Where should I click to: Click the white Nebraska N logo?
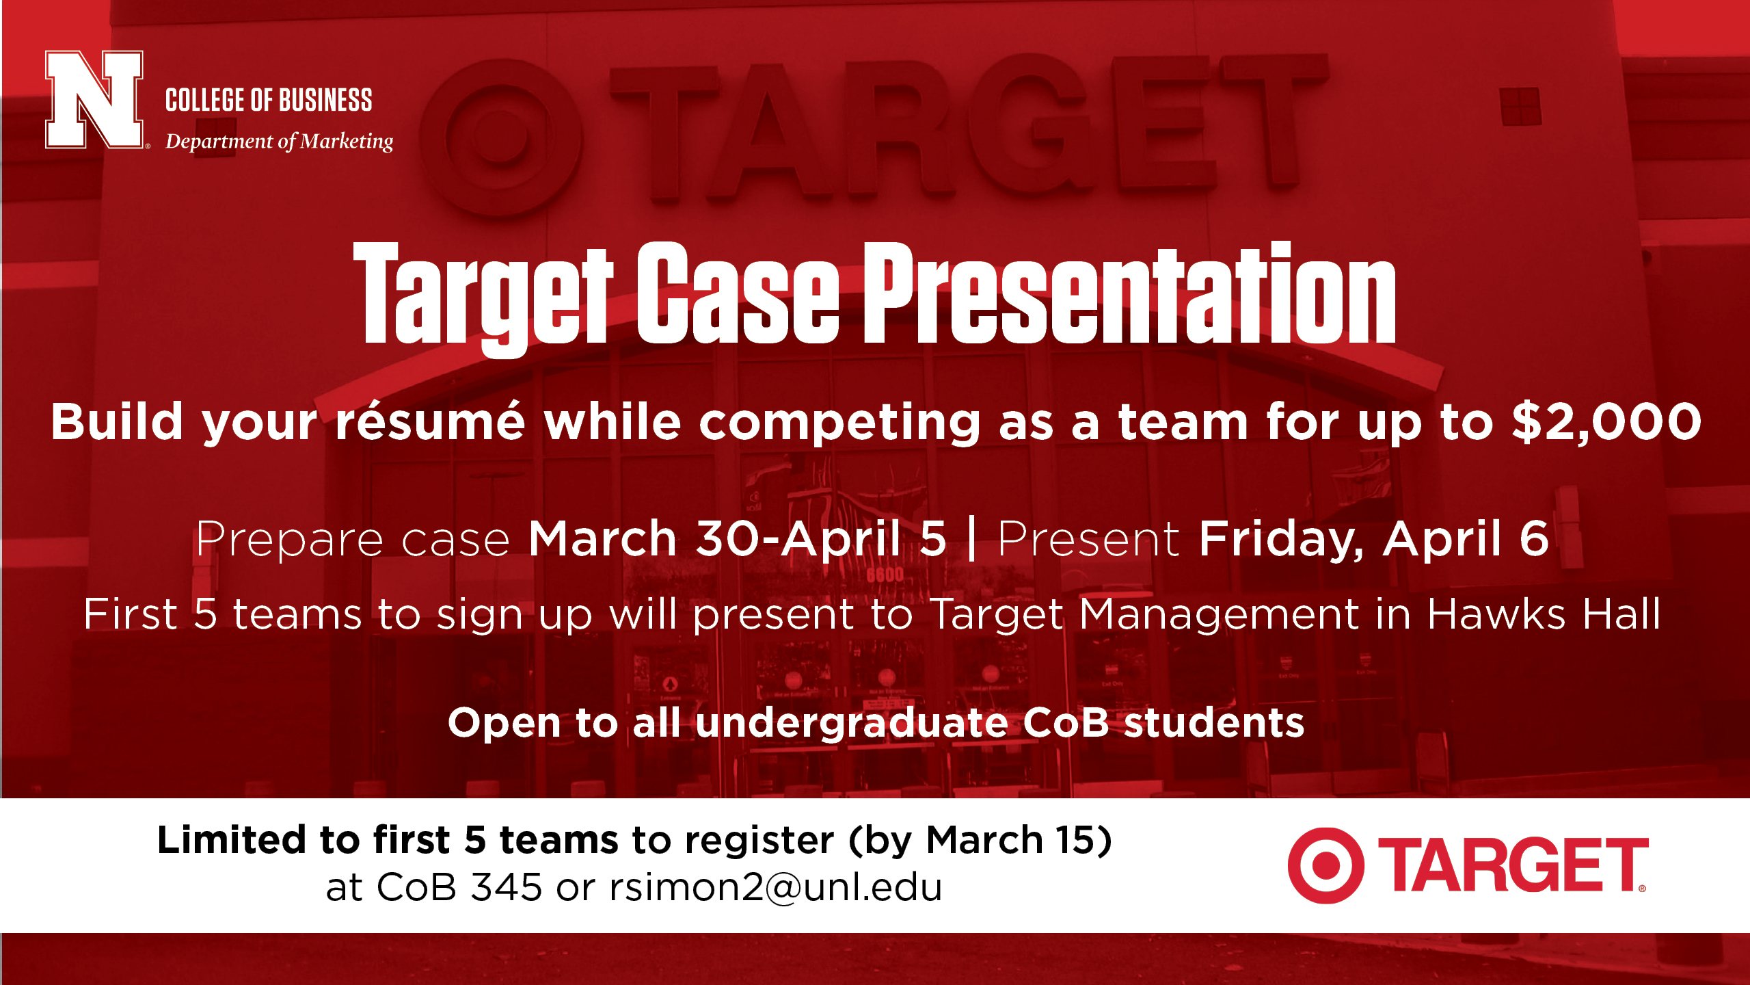pyautogui.click(x=94, y=99)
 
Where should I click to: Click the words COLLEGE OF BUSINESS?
pyautogui.click(x=269, y=101)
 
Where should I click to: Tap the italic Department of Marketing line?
pyautogui.click(x=280, y=142)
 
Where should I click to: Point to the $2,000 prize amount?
pyautogui.click(x=1606, y=422)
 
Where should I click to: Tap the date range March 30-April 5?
pyautogui.click(x=738, y=539)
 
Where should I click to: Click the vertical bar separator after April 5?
pyautogui.click(x=972, y=540)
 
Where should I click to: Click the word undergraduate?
pyautogui.click(x=852, y=723)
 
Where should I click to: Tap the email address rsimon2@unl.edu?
pyautogui.click(x=776, y=887)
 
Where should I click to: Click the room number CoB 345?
pyautogui.click(x=459, y=887)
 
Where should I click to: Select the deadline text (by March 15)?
pyautogui.click(x=981, y=841)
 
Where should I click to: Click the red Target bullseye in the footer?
pyautogui.click(x=1326, y=865)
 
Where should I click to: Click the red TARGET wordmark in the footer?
pyautogui.click(x=1513, y=865)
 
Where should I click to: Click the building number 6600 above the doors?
pyautogui.click(x=885, y=575)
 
